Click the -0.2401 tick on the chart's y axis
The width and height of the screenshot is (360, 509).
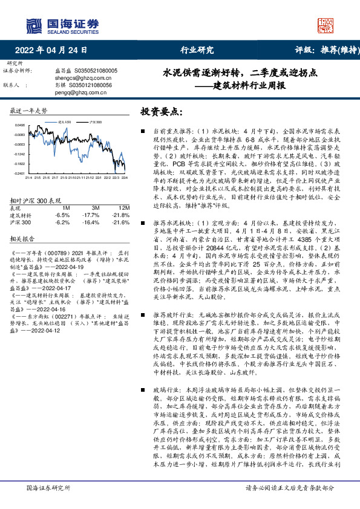pos(20,172)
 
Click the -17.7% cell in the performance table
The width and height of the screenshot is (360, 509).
pos(91,215)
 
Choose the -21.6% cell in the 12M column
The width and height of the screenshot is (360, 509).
pos(120,222)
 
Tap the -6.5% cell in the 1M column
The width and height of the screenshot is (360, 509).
pos(62,215)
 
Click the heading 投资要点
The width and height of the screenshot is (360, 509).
pos(162,112)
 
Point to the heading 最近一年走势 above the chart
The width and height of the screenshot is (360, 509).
pos(29,112)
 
